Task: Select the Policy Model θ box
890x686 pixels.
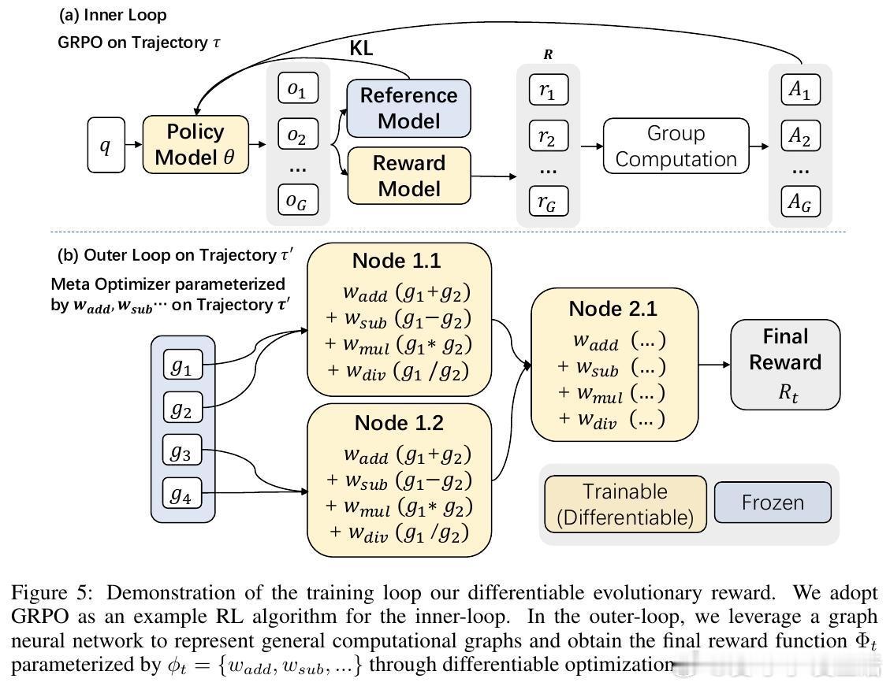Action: [x=196, y=145]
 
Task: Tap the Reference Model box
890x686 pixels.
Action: [x=408, y=108]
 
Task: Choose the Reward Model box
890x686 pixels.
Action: [x=408, y=176]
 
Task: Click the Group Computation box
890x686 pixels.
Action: [x=676, y=146]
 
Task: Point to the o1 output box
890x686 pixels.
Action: [x=296, y=90]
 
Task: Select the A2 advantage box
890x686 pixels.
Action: [x=799, y=136]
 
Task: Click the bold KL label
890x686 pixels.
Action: [x=361, y=48]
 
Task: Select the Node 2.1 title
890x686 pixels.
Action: [x=613, y=309]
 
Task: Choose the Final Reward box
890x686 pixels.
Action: [x=785, y=364]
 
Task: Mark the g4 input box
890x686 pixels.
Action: [x=183, y=494]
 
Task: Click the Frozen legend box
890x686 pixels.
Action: [x=773, y=502]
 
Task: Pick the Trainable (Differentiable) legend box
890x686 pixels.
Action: [x=625, y=504]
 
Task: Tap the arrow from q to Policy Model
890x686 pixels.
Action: [x=133, y=145]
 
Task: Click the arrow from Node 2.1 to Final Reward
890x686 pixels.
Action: [x=715, y=365]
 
